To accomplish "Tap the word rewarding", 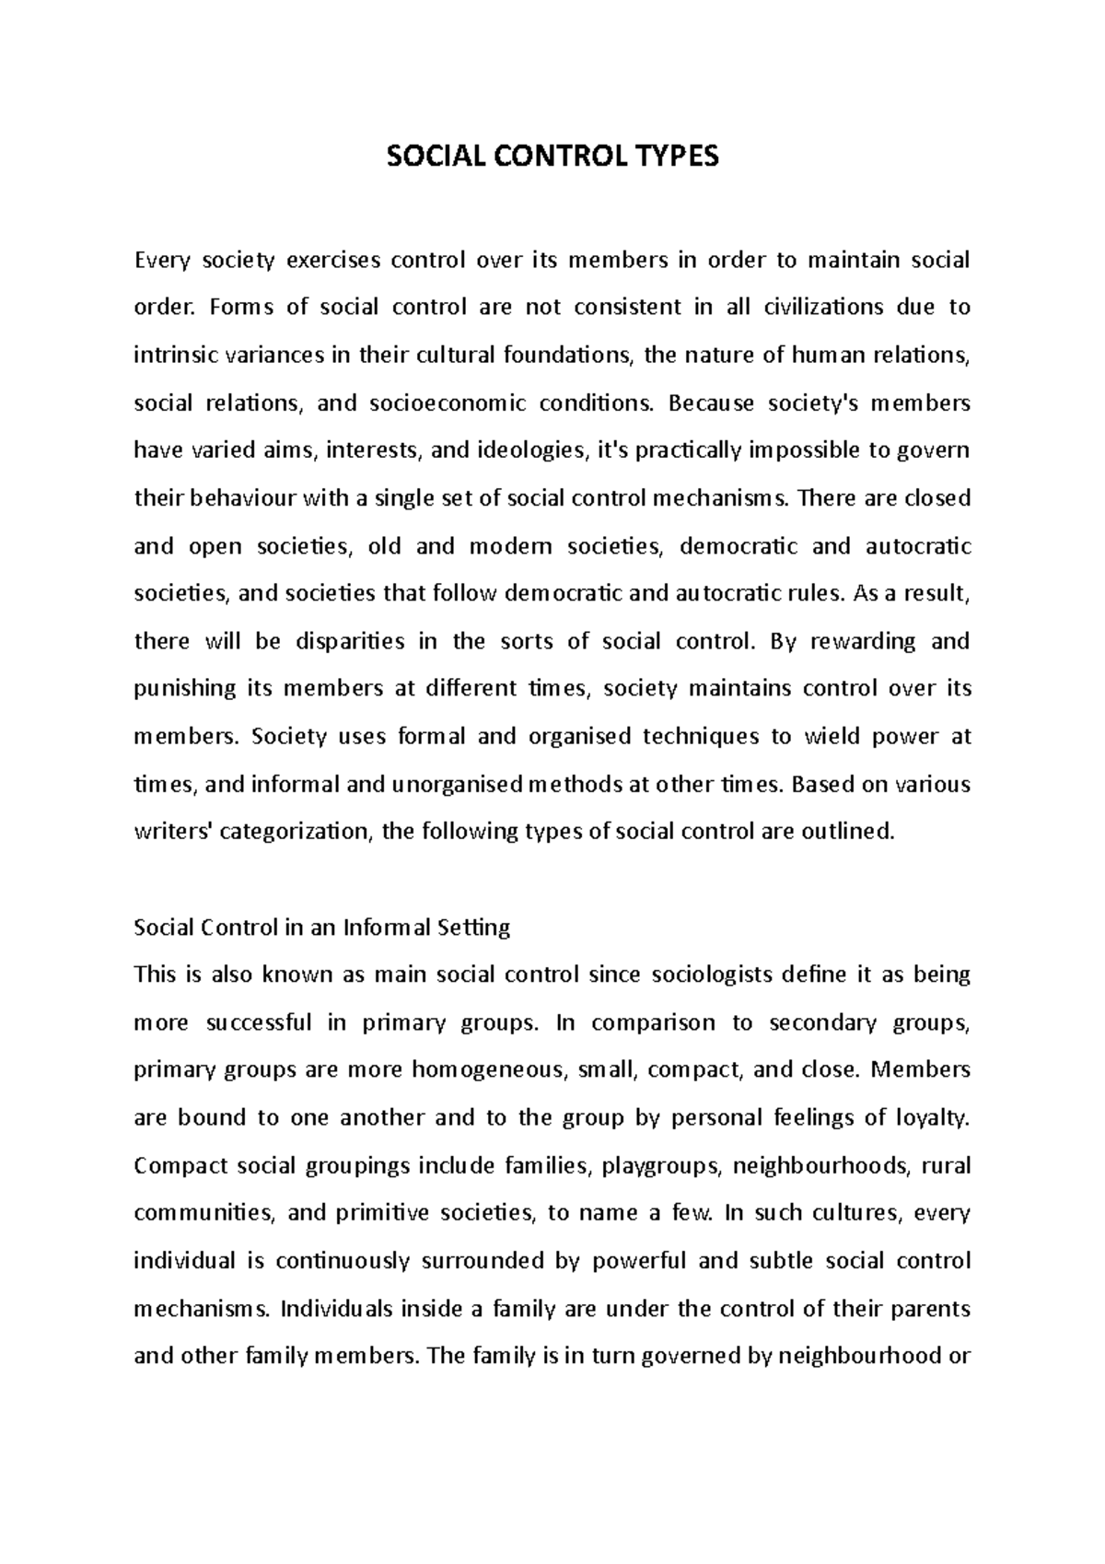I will [863, 641].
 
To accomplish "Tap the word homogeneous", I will [487, 1070].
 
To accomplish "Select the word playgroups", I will [661, 1166].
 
